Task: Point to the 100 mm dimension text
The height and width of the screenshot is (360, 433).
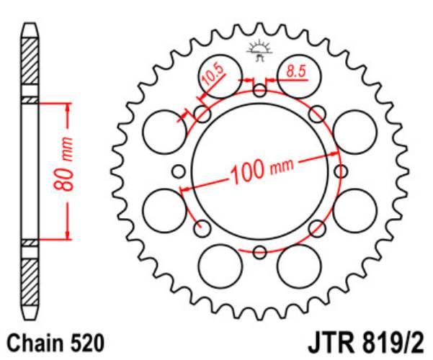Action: click(262, 171)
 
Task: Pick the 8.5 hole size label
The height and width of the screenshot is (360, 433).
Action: click(296, 71)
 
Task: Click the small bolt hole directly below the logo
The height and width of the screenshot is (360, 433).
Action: click(260, 90)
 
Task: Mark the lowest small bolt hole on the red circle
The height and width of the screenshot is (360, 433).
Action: click(260, 252)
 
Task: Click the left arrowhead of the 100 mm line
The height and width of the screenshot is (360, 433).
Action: click(184, 189)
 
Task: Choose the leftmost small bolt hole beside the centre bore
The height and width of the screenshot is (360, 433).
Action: click(179, 171)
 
